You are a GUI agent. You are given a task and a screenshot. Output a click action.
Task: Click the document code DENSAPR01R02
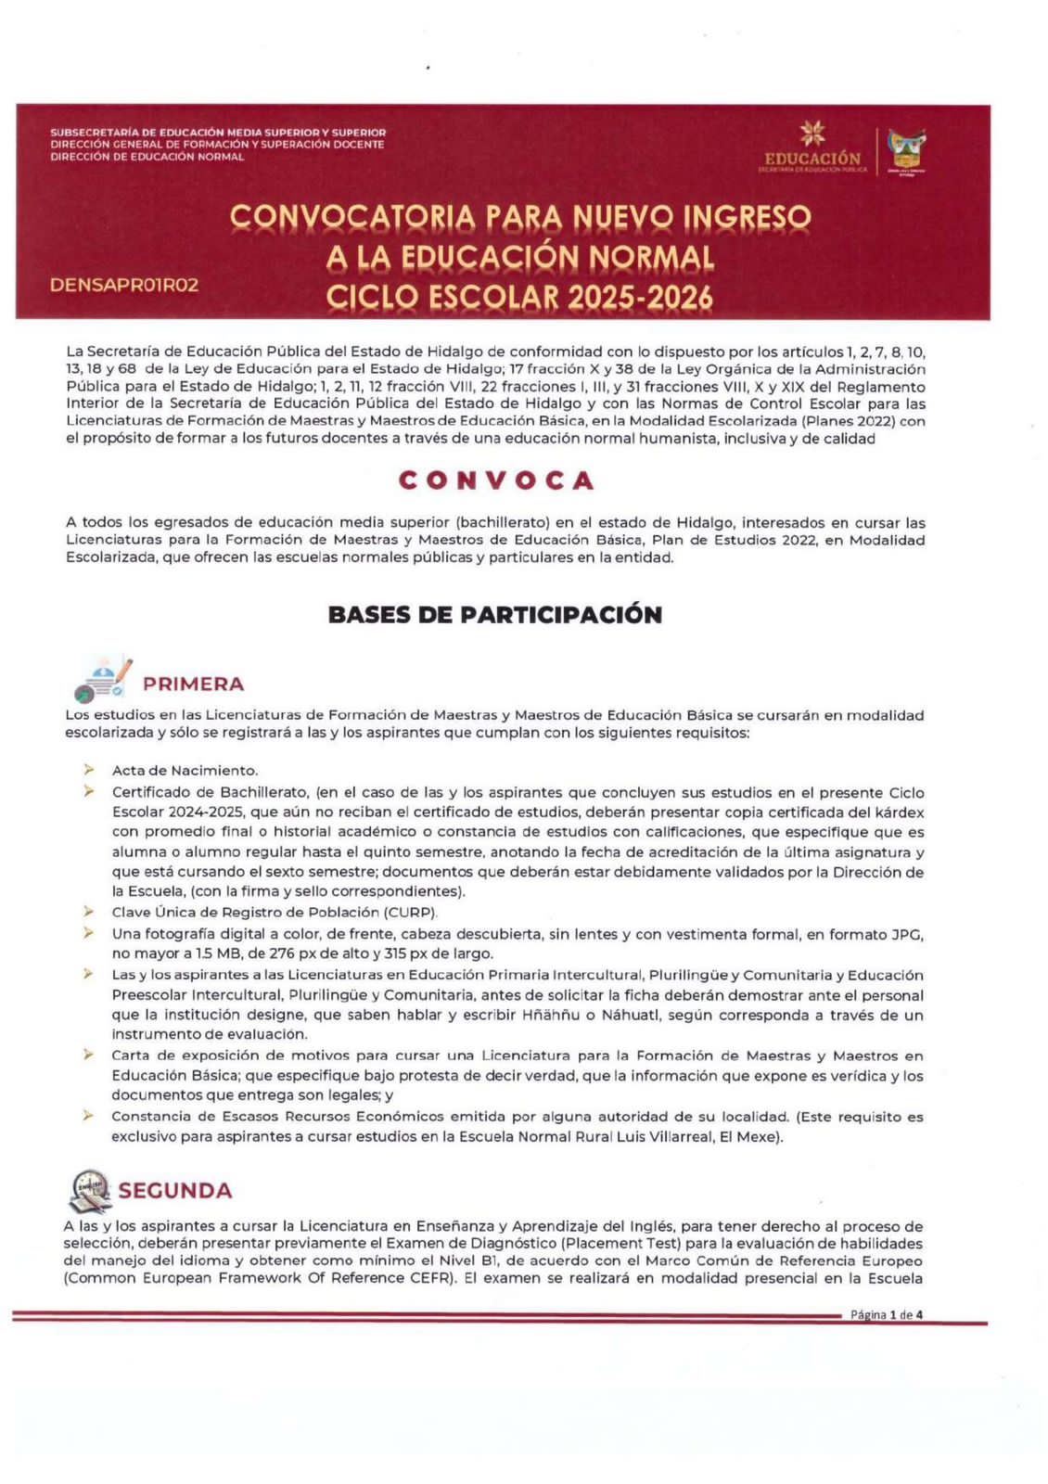(124, 285)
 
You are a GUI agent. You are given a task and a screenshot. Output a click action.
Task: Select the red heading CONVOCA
(496, 480)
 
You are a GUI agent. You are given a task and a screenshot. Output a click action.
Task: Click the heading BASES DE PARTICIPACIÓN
(495, 615)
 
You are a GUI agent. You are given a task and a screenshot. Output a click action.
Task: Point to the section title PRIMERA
(193, 684)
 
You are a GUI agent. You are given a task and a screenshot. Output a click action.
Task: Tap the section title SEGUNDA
(174, 1191)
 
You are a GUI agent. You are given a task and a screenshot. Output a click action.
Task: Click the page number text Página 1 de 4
(886, 1314)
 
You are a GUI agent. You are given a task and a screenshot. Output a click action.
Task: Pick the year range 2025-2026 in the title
(641, 298)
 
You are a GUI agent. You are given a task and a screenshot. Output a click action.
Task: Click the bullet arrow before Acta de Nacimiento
(89, 770)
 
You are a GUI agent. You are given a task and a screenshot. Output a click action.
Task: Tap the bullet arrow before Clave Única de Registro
(89, 912)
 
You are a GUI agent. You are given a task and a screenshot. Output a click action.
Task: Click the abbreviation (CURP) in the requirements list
(410, 913)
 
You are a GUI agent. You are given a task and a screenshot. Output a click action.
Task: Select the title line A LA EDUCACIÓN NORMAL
(519, 257)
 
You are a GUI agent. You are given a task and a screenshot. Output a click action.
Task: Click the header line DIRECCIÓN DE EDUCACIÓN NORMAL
(147, 158)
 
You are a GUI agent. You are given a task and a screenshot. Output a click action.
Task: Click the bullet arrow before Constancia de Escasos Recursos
(89, 1116)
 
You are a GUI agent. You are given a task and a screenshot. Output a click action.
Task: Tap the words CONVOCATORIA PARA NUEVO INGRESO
(519, 217)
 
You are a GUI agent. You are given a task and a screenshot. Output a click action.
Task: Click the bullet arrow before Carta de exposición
(89, 1055)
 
